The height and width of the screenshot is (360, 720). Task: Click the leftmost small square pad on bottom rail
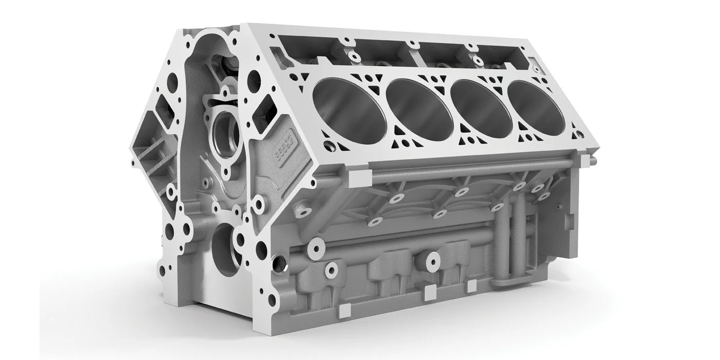click(x=346, y=309)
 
